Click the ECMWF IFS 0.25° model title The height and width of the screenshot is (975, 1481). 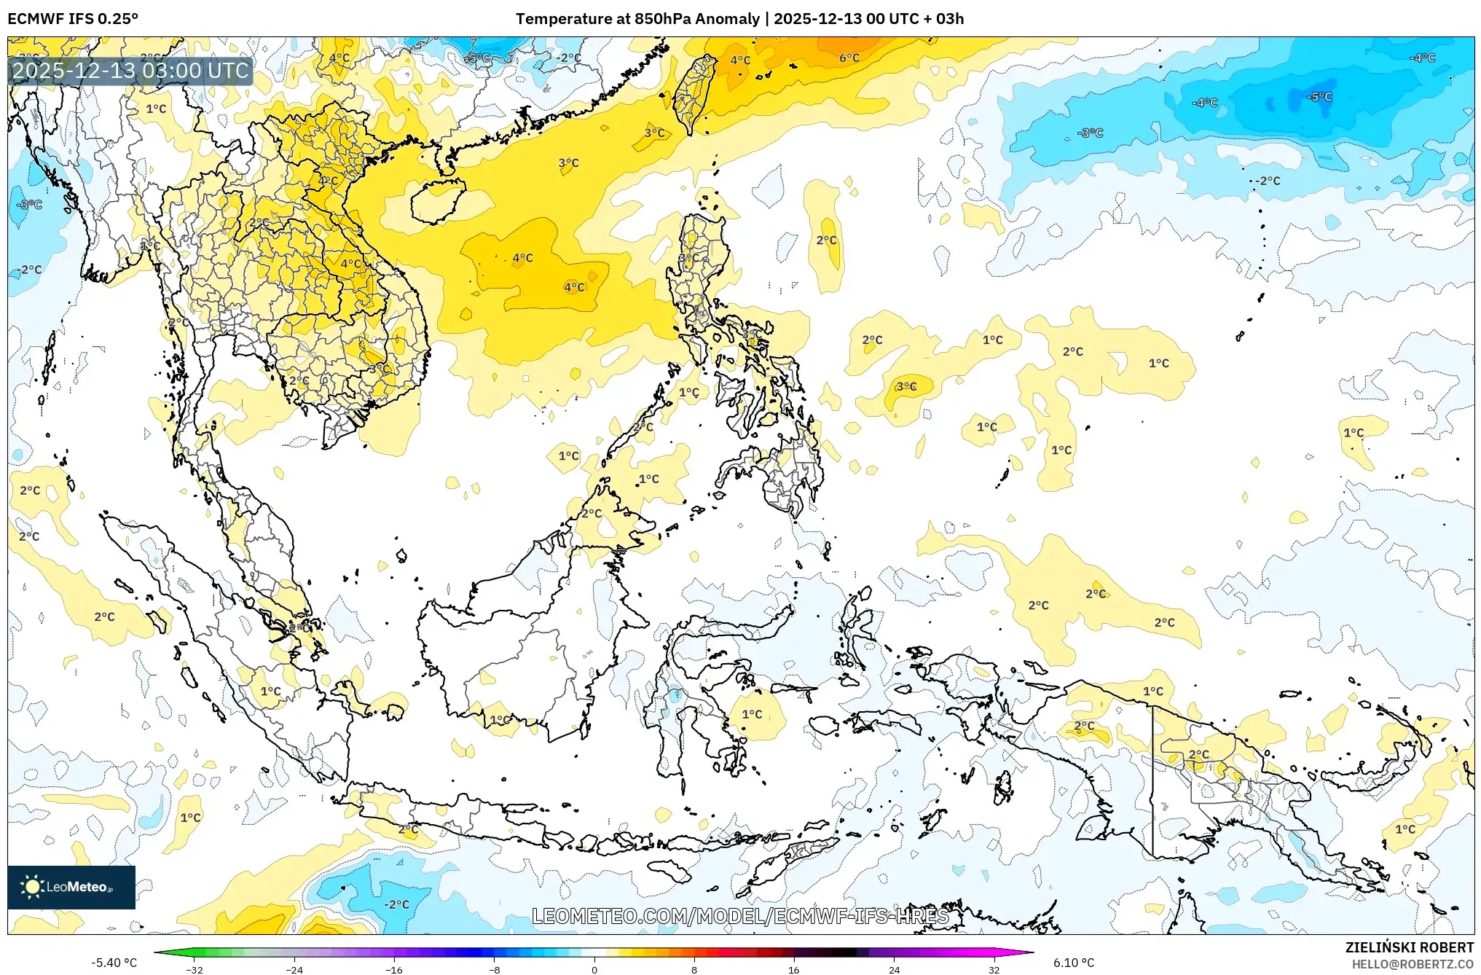tap(73, 19)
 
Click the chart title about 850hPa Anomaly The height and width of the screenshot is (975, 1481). tap(739, 19)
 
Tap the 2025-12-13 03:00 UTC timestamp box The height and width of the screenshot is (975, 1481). tap(130, 71)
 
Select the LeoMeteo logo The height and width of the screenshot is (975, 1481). tap(71, 887)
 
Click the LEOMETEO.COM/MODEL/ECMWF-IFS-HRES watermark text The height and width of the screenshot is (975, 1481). tap(740, 916)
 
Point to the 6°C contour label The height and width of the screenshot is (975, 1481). tap(849, 58)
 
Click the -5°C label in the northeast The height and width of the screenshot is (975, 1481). tap(1319, 96)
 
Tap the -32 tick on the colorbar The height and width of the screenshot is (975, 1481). tap(195, 969)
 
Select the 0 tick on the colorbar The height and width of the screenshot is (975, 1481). tap(594, 969)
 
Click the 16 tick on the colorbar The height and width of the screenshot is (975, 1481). tap(794, 969)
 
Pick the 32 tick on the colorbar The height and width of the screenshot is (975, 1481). tap(994, 969)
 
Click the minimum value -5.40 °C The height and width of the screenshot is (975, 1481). tap(114, 963)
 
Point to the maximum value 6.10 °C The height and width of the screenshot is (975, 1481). tap(1074, 963)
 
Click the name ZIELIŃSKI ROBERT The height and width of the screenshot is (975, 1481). tap(1409, 947)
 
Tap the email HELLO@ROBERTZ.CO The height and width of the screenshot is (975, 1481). tap(1413, 964)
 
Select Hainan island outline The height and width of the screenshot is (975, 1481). tap(438, 201)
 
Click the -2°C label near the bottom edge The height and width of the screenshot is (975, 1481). tap(397, 904)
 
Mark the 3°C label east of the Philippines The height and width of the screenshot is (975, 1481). tap(906, 386)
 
